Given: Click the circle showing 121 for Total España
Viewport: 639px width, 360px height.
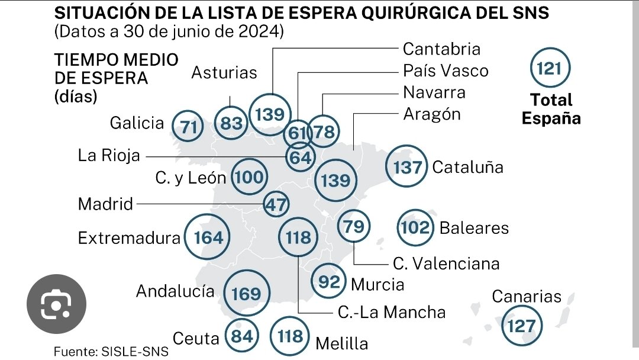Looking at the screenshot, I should [x=550, y=69].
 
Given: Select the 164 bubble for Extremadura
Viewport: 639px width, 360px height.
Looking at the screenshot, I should [x=208, y=237].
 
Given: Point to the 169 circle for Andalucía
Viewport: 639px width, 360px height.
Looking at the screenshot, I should [x=246, y=293].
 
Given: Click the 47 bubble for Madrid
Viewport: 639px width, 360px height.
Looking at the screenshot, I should [x=276, y=205].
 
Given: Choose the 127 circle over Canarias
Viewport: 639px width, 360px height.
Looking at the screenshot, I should [x=521, y=325].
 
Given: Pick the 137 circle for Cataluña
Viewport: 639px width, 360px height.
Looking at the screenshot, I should [x=407, y=167].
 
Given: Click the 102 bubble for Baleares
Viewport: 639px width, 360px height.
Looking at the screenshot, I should [x=415, y=227].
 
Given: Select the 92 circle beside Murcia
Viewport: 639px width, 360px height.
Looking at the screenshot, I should [x=330, y=281].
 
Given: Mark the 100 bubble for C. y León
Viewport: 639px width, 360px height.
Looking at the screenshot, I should [x=249, y=176].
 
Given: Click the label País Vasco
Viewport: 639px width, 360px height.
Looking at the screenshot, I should [x=446, y=70].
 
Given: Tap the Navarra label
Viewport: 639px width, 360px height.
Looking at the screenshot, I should [x=434, y=92].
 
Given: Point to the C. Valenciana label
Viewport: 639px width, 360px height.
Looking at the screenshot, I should [x=446, y=263].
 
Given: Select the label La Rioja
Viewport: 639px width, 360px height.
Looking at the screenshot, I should [x=109, y=156].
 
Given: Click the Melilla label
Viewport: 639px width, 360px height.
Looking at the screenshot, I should [x=342, y=343].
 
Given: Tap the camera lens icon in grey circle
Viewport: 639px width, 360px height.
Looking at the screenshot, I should [x=57, y=304].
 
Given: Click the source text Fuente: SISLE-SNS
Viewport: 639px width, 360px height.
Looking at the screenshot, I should [x=111, y=351].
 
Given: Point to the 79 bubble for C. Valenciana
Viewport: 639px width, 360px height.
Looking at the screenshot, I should [x=354, y=227].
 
